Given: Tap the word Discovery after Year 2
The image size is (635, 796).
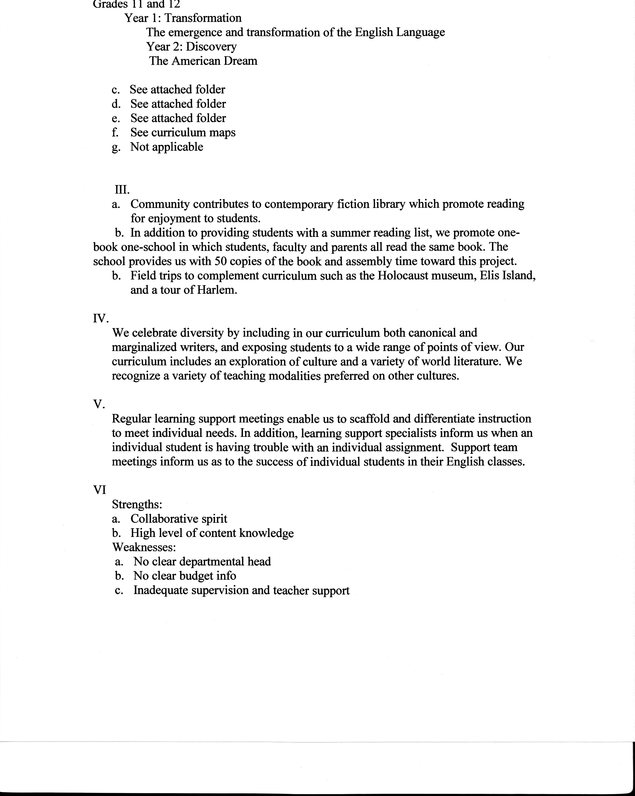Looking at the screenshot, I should point(211,47).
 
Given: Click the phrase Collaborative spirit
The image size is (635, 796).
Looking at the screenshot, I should point(179,519).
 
